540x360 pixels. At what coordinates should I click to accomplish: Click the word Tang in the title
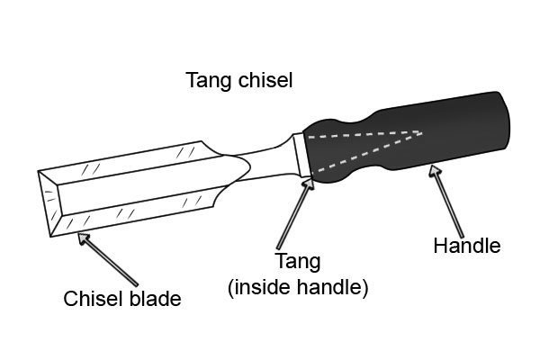point(207,81)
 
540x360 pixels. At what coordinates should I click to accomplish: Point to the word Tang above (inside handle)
point(296,262)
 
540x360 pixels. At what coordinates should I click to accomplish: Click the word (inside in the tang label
point(261,288)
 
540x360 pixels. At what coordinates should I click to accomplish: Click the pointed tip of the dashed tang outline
point(422,132)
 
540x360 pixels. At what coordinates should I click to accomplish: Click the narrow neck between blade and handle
point(265,158)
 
